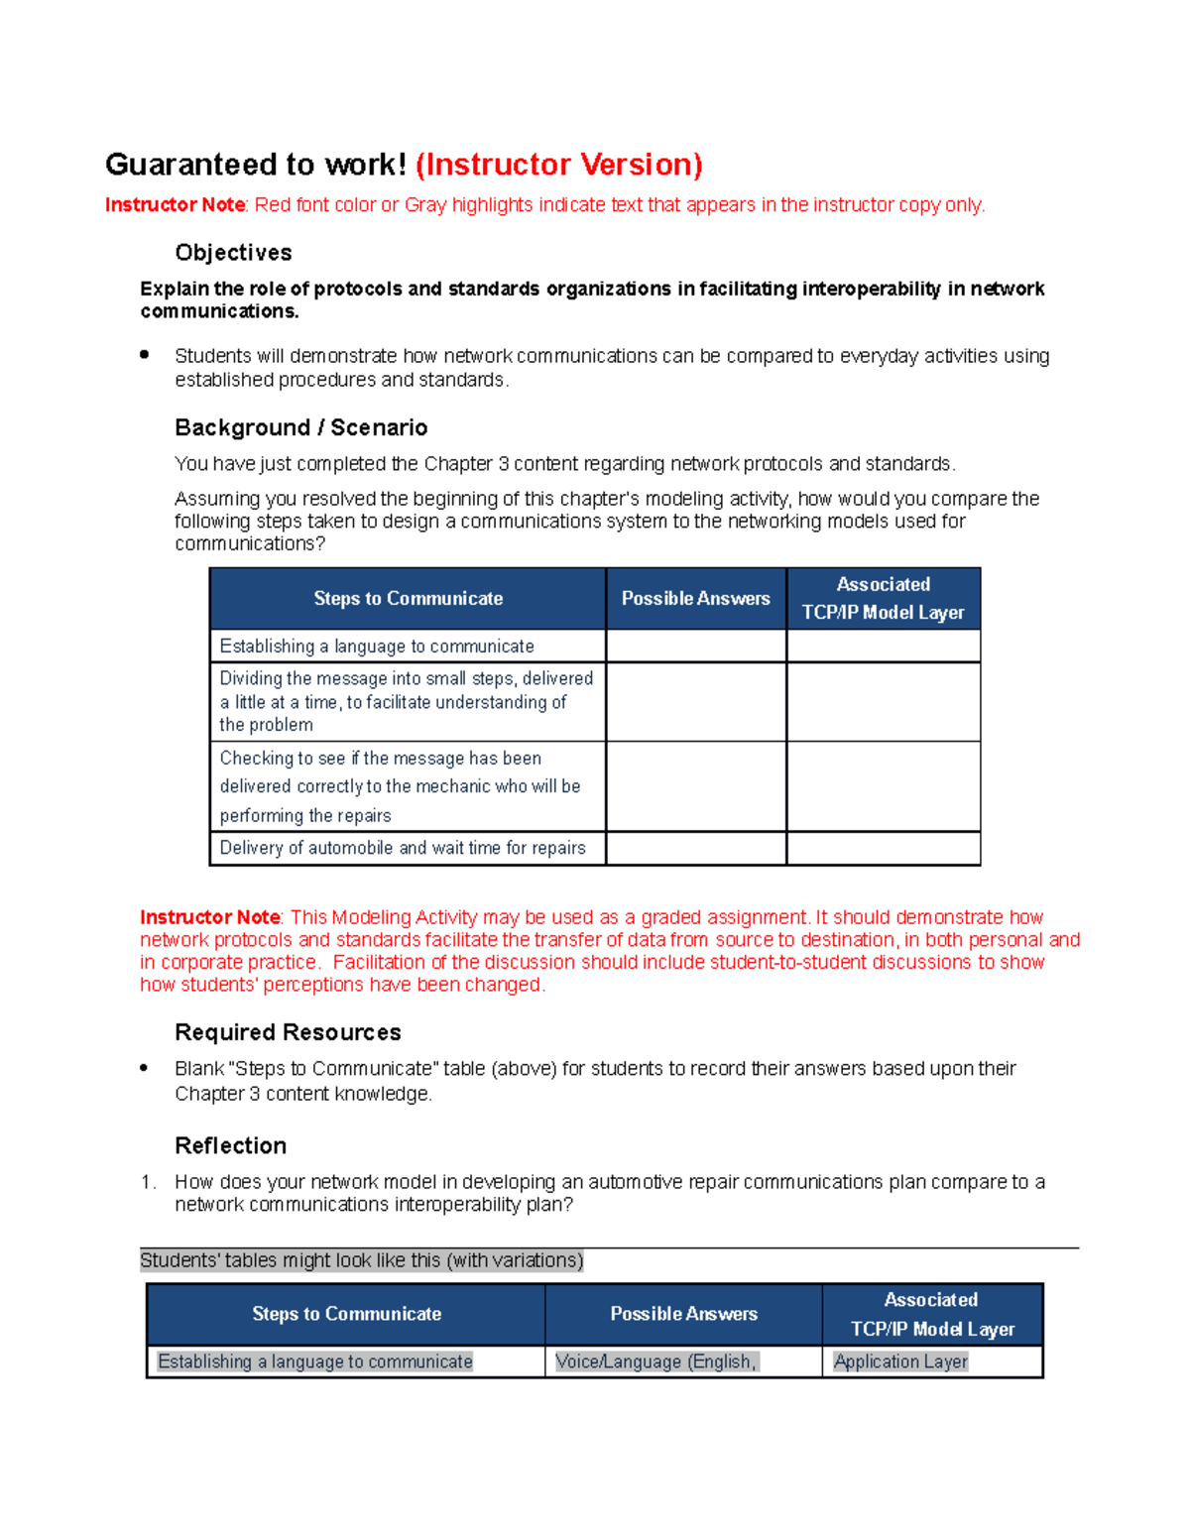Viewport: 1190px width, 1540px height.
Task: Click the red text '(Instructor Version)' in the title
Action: pyautogui.click(x=558, y=165)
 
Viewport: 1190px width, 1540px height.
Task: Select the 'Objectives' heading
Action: pyautogui.click(x=233, y=253)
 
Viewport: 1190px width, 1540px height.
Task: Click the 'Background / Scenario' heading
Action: pyautogui.click(x=300, y=427)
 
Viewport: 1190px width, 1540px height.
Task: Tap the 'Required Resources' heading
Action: pyautogui.click(x=288, y=1032)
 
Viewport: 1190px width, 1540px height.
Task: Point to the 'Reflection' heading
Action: pyautogui.click(x=230, y=1145)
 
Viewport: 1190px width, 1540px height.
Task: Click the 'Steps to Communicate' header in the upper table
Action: pyautogui.click(x=408, y=599)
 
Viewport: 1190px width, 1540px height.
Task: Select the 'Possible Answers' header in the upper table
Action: pyautogui.click(x=695, y=599)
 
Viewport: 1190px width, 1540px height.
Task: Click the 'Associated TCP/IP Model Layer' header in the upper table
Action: pyautogui.click(x=883, y=599)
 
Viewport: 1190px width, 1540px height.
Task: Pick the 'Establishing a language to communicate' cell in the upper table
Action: pyautogui.click(x=377, y=647)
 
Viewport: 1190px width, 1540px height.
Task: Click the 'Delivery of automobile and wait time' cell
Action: pyautogui.click(x=403, y=848)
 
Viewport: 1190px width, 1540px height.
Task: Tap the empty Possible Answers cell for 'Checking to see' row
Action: pyautogui.click(x=695, y=786)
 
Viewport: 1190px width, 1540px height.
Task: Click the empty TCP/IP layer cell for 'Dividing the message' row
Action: pyautogui.click(x=883, y=702)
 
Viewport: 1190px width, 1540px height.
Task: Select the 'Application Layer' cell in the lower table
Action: pyautogui.click(x=900, y=1362)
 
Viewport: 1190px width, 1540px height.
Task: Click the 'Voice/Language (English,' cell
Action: pyautogui.click(x=655, y=1362)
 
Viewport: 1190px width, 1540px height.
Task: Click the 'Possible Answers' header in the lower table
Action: pyautogui.click(x=683, y=1314)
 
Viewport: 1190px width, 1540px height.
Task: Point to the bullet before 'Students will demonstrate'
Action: pyautogui.click(x=145, y=354)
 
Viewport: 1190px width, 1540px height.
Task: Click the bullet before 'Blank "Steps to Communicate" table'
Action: pyautogui.click(x=145, y=1068)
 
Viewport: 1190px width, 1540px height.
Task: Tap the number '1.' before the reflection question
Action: pyautogui.click(x=148, y=1182)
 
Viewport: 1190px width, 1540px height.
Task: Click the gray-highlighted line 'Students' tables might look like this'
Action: pyautogui.click(x=362, y=1260)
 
